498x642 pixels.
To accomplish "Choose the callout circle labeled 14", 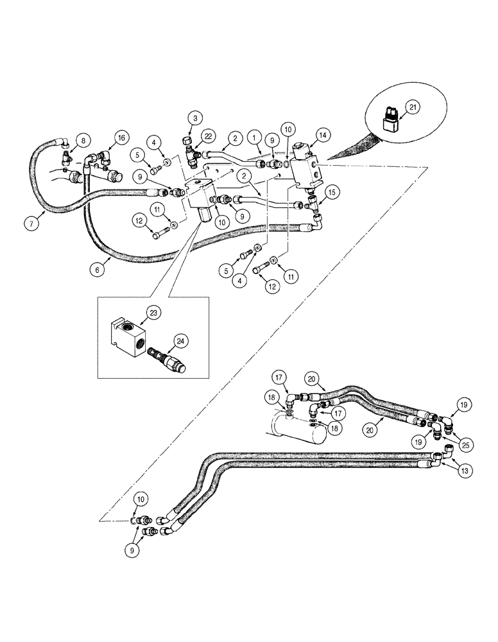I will click(x=322, y=135).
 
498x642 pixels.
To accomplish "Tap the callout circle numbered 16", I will click(x=120, y=137).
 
